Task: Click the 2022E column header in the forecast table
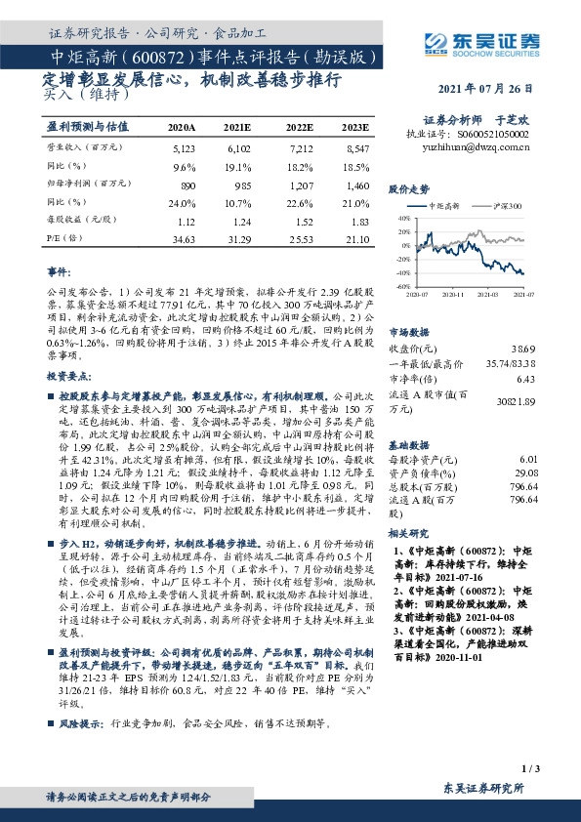coord(301,128)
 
